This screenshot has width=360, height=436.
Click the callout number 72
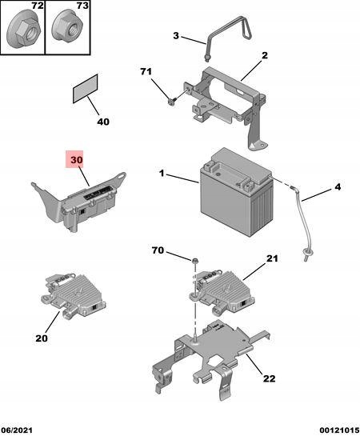point(38,6)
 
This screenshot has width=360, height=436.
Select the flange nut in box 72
point(23,28)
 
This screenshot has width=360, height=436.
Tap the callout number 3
point(176,36)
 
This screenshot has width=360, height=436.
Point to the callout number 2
point(264,55)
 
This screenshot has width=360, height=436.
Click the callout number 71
point(146,71)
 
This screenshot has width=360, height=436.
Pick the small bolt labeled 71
point(171,101)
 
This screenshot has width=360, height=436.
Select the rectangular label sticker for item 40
point(85,89)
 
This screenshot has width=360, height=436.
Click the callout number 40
point(103,122)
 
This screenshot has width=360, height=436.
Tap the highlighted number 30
point(77,160)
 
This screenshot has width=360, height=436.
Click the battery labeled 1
point(235,192)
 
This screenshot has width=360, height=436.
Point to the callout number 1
point(162,174)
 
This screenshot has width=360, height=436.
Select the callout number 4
point(338,186)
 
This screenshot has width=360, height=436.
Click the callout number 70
point(158,250)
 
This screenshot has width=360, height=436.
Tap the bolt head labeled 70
point(195,260)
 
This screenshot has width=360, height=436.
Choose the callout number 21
point(272,258)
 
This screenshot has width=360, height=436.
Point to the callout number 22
point(269,378)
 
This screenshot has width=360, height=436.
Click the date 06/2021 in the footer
point(17,430)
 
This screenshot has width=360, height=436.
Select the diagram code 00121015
point(339,430)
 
